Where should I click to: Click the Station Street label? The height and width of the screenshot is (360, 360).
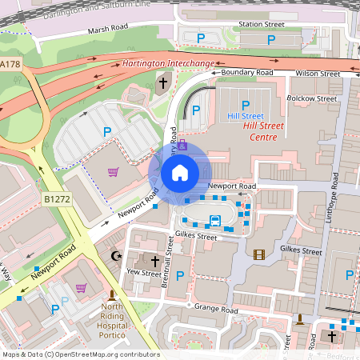[x=262, y=25]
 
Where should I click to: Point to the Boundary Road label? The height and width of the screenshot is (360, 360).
[x=247, y=73]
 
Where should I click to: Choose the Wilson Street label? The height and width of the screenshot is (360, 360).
[x=318, y=73]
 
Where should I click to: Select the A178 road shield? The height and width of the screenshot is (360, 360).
[x=10, y=63]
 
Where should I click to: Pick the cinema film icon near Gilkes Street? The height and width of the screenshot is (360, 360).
[x=258, y=254]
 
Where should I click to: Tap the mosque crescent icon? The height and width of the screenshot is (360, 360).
[x=116, y=255]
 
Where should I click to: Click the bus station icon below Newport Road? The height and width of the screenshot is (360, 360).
[x=215, y=220]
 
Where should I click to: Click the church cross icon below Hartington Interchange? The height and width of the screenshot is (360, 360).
[x=163, y=82]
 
